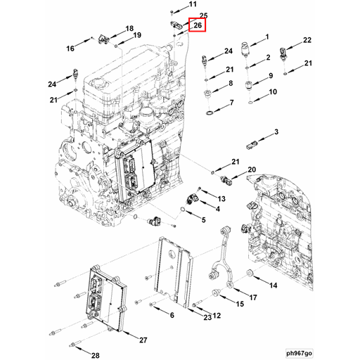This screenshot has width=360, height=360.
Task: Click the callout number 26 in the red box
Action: [x=198, y=26]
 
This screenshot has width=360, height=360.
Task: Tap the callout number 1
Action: [x=267, y=37]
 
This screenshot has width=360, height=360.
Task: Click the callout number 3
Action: [x=276, y=131]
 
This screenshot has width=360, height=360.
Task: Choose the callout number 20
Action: [x=252, y=169]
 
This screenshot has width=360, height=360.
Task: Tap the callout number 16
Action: [x=70, y=49]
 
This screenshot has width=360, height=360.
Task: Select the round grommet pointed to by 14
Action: [x=251, y=273]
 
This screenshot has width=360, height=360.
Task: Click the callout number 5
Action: [x=203, y=220]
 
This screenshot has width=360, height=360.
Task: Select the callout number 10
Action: [x=273, y=91]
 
